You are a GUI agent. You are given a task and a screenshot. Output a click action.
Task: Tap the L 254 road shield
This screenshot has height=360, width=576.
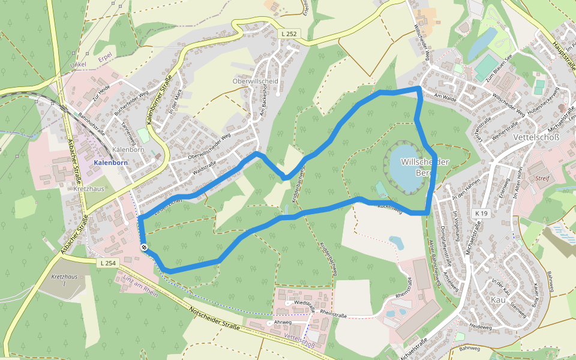point(109,263)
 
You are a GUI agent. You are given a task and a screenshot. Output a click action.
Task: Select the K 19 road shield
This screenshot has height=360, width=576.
point(481,213)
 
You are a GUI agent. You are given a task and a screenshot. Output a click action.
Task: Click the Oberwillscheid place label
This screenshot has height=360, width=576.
point(255,81)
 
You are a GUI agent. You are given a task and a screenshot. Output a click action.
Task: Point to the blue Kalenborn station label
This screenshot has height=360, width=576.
point(111,163)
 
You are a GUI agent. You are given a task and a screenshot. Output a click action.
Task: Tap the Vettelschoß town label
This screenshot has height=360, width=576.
point(536,137)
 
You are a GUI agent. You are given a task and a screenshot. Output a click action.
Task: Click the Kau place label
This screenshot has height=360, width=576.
point(498,299)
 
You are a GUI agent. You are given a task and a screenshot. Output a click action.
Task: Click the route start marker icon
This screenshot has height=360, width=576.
point(144,247)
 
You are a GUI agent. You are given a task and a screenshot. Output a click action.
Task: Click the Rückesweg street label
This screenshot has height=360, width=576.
point(389,207)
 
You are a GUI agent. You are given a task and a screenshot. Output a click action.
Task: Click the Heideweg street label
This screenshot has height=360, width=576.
point(481,327)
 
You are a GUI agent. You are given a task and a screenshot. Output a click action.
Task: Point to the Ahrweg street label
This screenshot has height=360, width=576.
point(282,322)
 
